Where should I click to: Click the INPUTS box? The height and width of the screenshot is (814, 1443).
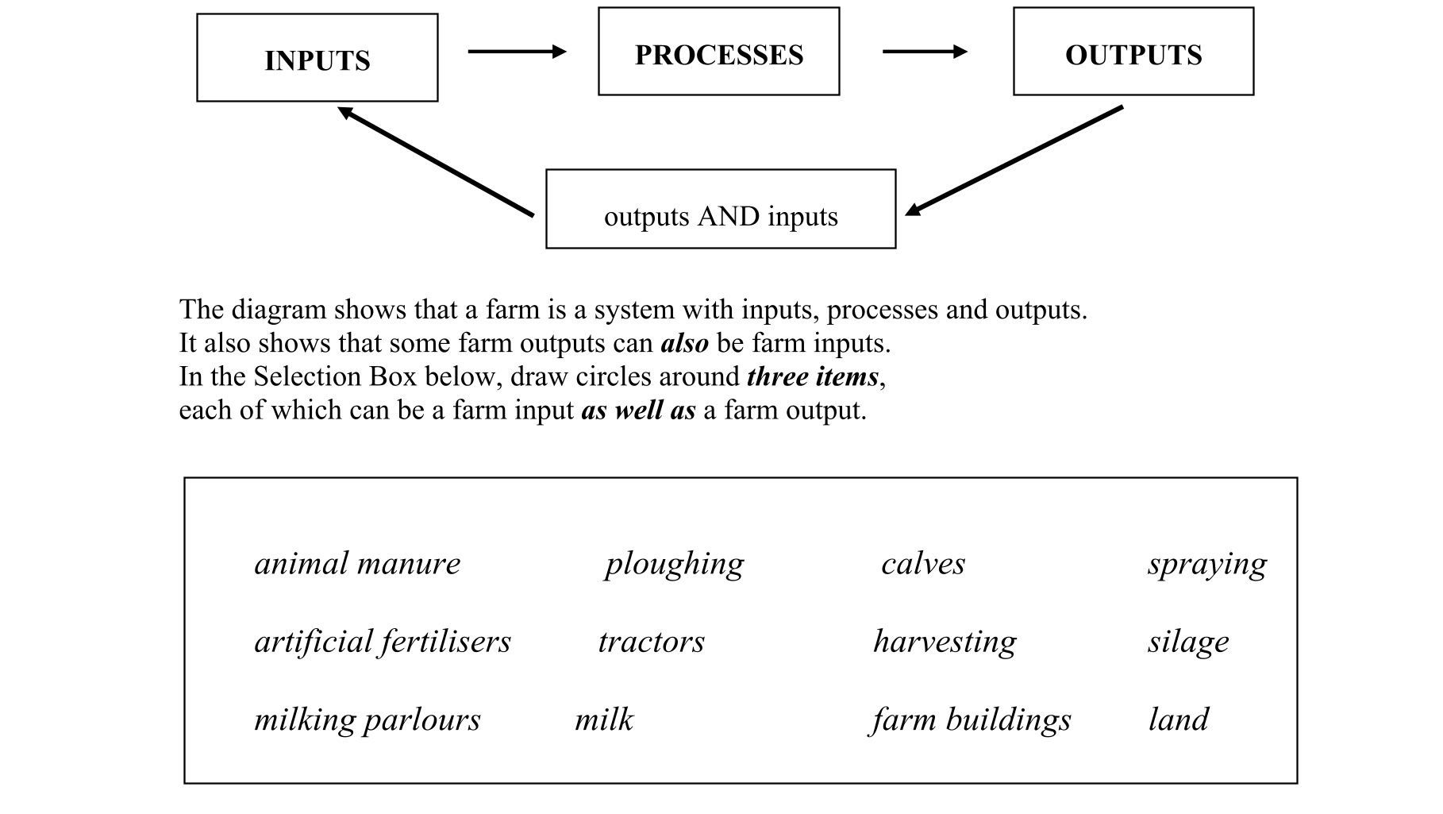click(317, 58)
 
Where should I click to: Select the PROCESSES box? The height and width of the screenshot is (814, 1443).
click(718, 52)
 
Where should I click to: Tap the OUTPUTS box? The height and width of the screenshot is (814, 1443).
click(1133, 52)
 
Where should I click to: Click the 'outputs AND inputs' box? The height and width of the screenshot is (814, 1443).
click(720, 209)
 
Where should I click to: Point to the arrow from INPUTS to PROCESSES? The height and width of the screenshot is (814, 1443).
click(517, 52)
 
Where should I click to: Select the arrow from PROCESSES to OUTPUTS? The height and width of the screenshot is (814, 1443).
click(925, 52)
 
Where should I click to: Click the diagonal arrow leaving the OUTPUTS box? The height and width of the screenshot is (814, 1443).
click(1014, 160)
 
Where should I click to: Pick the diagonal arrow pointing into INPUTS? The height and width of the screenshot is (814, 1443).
click(436, 162)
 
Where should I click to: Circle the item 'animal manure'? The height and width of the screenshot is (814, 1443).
click(357, 564)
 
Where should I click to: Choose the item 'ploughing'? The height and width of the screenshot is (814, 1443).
click(674, 564)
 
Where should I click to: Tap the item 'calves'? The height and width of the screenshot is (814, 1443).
click(923, 564)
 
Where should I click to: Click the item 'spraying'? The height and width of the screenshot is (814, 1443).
click(1206, 564)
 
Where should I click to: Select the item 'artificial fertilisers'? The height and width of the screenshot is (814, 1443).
click(383, 642)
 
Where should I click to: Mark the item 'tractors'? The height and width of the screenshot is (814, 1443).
click(651, 642)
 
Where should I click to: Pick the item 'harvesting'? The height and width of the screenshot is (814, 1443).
click(945, 642)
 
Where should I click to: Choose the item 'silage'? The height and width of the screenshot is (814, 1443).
click(1188, 642)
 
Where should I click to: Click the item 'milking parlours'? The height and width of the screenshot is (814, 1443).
click(367, 720)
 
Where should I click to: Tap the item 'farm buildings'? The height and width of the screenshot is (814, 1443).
click(971, 720)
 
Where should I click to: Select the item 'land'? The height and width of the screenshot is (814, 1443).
click(1178, 720)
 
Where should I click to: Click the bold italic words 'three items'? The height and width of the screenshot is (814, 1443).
click(812, 376)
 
